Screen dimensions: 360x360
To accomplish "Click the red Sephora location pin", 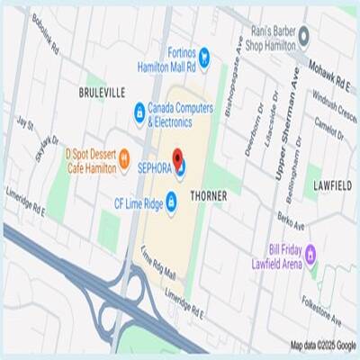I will coord(178,158).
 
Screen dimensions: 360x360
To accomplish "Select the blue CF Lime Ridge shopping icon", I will coord(171,198).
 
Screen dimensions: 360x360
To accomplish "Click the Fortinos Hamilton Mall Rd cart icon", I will coord(204,56).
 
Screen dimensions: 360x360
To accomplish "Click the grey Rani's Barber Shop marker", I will coord(304,36).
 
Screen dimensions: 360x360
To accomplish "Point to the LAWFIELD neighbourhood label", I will coord(326,184).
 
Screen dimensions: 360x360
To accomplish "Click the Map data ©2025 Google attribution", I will coord(323,345).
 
